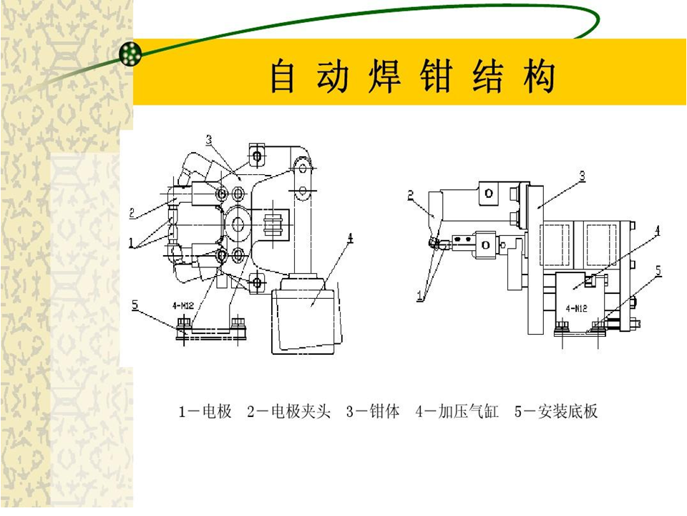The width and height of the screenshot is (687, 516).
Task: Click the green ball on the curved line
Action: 130,52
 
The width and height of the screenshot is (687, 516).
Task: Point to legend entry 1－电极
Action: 205,411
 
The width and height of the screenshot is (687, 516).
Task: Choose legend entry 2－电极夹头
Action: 288,411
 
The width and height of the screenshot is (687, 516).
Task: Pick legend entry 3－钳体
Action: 373,411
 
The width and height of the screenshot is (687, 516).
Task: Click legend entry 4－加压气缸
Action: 457,411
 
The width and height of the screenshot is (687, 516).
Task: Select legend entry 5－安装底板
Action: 556,411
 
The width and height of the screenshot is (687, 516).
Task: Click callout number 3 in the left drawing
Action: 209,140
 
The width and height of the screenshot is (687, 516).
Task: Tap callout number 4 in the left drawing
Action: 350,238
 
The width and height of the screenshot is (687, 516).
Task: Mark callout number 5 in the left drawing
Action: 135,304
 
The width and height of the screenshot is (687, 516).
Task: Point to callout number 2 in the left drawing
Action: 132,213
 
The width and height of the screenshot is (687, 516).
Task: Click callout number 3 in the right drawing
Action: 582,176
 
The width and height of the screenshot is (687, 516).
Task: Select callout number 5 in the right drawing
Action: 658,271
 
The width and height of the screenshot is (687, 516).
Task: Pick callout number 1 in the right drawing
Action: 421,296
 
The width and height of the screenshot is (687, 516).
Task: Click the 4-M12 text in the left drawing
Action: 183,305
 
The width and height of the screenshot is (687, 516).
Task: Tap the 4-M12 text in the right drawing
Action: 576,308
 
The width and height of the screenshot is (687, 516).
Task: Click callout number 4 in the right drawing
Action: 657,231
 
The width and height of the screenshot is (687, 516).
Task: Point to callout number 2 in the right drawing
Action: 411,195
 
